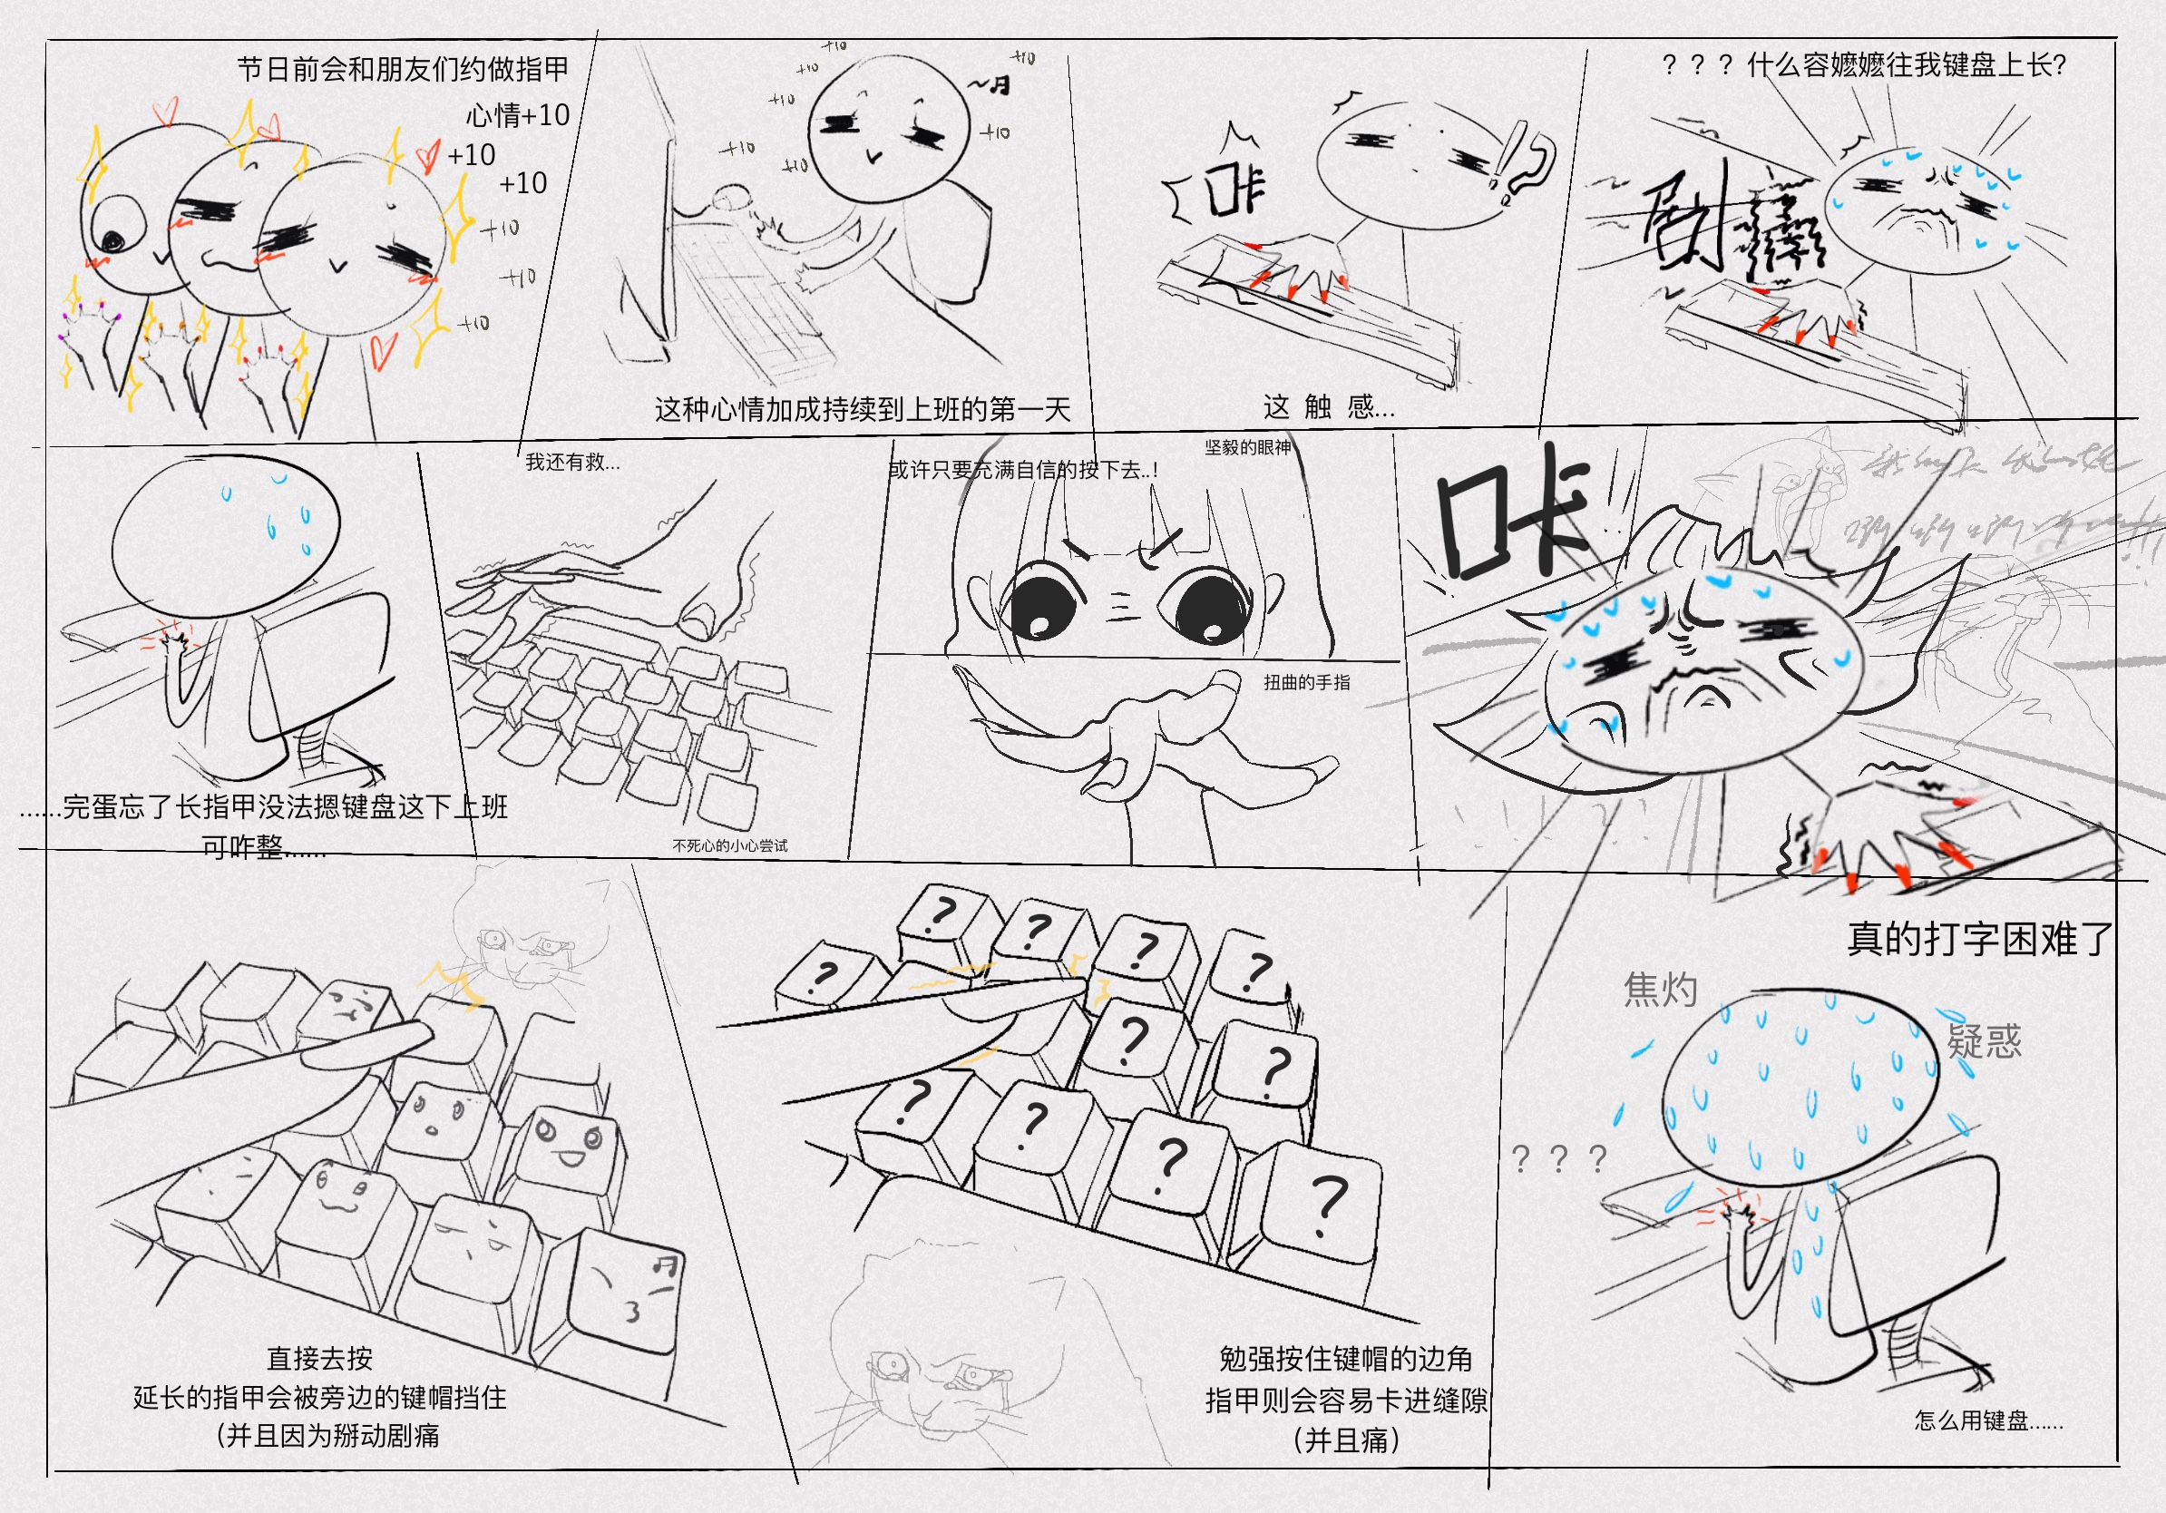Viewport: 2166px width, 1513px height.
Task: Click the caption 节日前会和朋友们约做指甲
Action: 403,69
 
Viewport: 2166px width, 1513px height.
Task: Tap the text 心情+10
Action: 518,115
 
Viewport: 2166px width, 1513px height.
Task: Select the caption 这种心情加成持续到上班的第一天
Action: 863,408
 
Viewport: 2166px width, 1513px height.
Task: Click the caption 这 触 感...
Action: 1328,406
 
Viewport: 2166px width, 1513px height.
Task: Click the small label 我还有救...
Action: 571,462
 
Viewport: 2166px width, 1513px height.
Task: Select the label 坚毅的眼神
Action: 1247,447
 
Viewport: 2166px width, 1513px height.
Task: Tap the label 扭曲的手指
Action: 1306,682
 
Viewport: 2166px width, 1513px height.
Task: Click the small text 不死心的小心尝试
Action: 729,845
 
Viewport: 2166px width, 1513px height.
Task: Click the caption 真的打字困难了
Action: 1979,939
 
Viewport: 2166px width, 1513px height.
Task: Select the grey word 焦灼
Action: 1661,990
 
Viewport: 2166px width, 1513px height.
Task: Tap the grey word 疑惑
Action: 1984,1040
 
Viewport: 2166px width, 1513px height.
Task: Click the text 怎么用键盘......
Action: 1987,1420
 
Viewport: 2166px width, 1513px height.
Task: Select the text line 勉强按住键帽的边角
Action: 1345,1358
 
